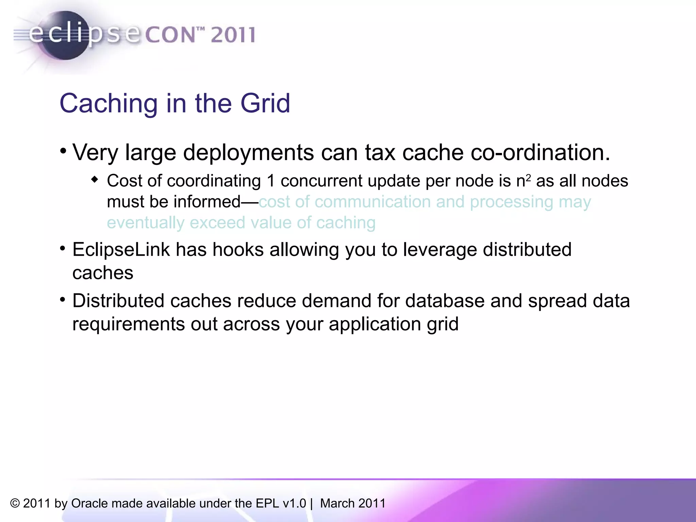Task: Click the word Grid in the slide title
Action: point(265,103)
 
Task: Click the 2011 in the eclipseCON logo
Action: point(233,35)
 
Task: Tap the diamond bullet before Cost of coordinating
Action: point(95,179)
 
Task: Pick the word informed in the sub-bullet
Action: point(207,202)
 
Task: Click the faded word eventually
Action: point(145,223)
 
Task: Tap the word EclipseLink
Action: point(121,250)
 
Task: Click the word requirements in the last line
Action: point(128,324)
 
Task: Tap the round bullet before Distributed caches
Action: point(63,300)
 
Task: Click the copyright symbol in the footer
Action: point(15,503)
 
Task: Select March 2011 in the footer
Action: point(353,503)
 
